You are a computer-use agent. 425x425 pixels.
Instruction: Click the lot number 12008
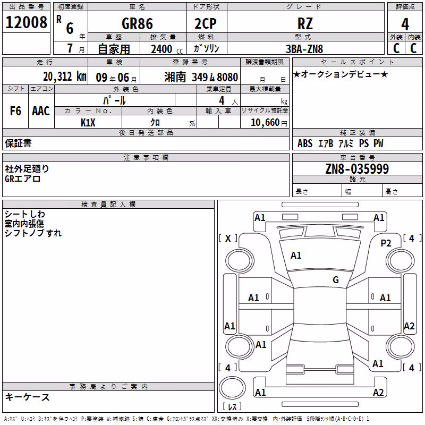pos(26,22)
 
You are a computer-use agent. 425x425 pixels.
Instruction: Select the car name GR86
pos(137,24)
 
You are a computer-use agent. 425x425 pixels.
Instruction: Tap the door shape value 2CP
pos(206,24)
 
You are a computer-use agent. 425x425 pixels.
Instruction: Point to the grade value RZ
pos(305,24)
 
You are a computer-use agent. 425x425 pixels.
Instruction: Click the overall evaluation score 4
pos(405,24)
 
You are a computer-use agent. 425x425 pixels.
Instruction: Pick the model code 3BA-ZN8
pos(304,49)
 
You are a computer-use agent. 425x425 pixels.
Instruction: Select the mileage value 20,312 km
pos(65,76)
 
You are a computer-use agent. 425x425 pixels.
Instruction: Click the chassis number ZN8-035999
pos(357,169)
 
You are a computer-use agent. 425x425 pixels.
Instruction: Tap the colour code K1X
pos(88,123)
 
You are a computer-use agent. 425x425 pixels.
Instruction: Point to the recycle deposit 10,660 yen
pos(269,123)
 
